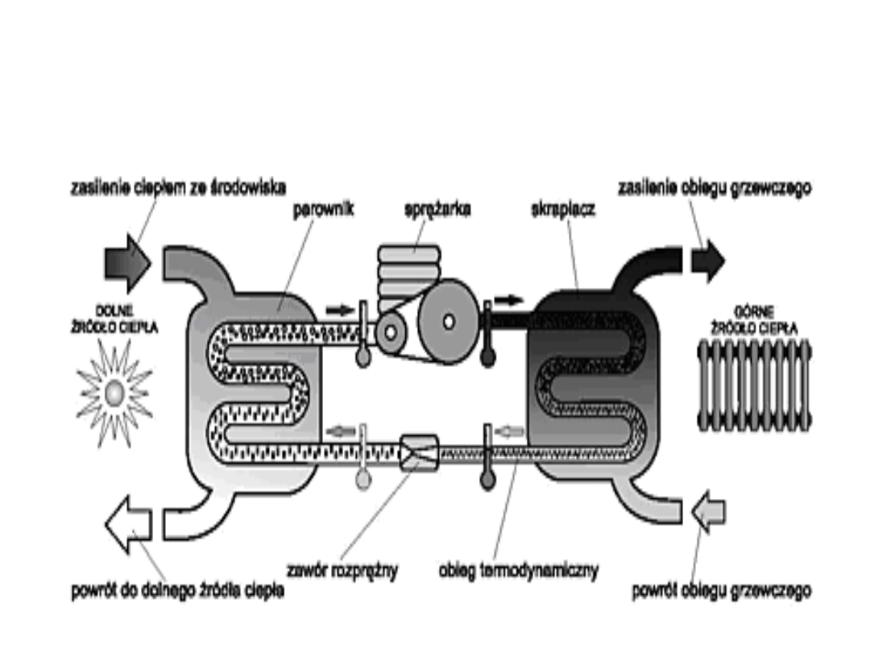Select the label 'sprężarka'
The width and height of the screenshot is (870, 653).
(x=437, y=208)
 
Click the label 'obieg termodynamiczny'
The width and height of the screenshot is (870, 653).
(x=519, y=572)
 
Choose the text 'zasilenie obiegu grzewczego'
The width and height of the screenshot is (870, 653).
(x=714, y=188)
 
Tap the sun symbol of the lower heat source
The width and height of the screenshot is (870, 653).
(x=114, y=393)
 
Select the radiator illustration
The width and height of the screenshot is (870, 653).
(x=755, y=385)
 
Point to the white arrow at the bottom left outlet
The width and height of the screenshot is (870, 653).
(x=128, y=523)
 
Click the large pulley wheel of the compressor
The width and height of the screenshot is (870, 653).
(x=448, y=320)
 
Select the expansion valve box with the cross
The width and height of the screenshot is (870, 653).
(x=419, y=452)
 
